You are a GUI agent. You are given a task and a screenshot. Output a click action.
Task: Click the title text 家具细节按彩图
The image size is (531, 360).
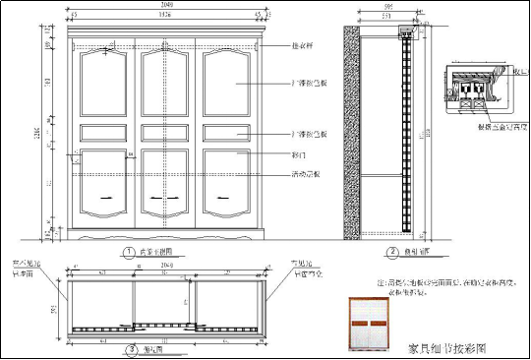coord(447,348)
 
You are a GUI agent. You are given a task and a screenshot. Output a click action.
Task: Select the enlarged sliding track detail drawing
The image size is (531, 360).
coord(479,88)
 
